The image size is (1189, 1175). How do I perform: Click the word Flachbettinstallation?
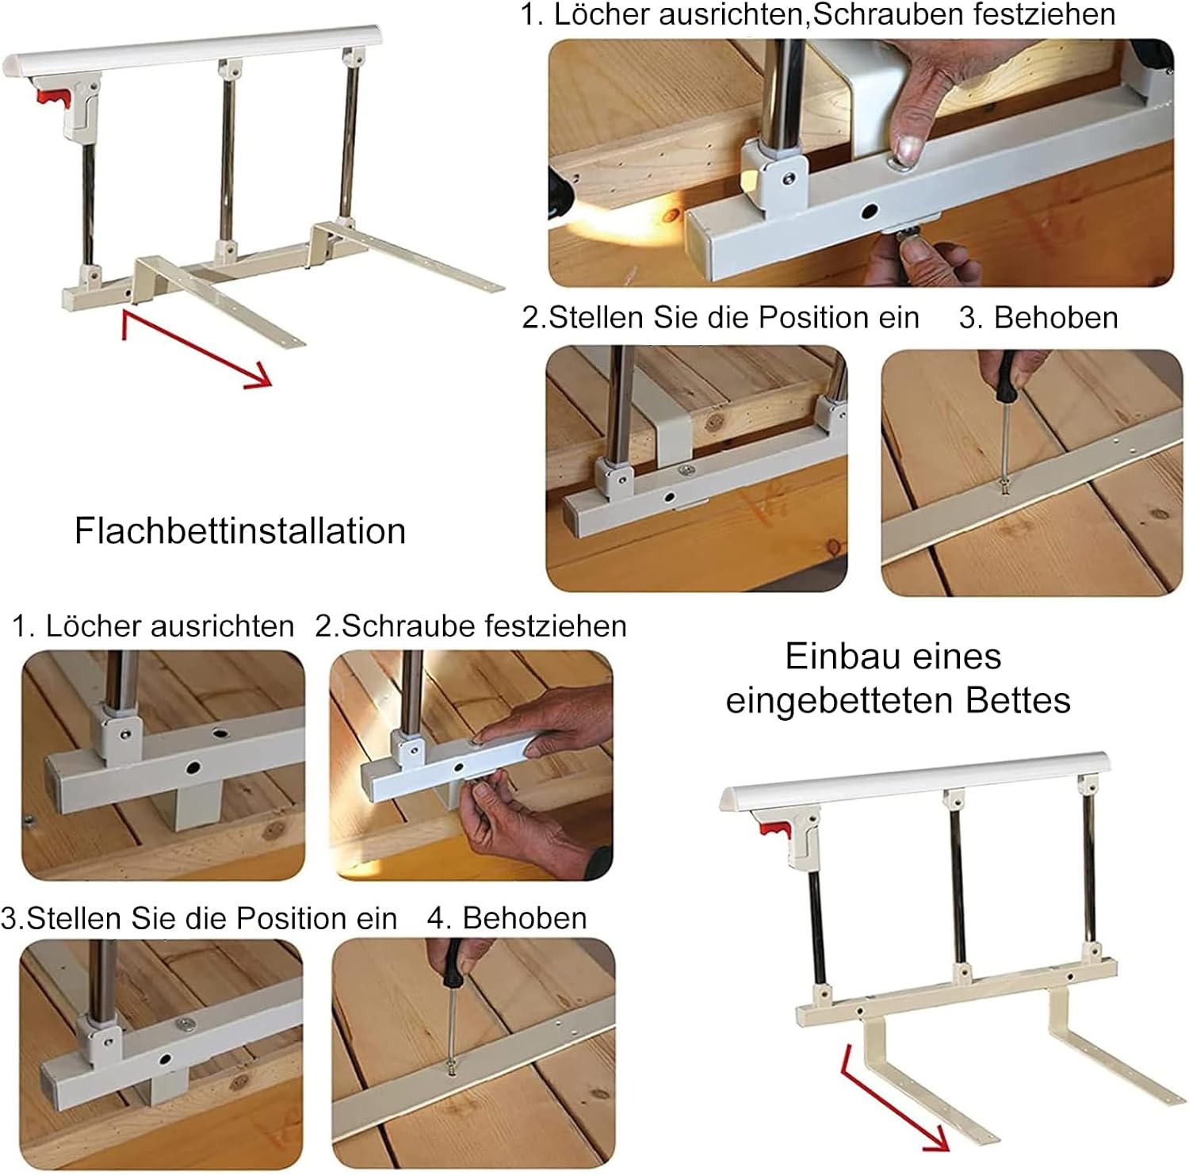(239, 530)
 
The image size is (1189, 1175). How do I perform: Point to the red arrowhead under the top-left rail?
(258, 375)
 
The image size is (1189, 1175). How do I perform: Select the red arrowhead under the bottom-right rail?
(935, 1139)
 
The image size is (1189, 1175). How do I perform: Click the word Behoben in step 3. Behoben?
(1056, 317)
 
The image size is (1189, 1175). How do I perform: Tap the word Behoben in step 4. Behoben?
(525, 918)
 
